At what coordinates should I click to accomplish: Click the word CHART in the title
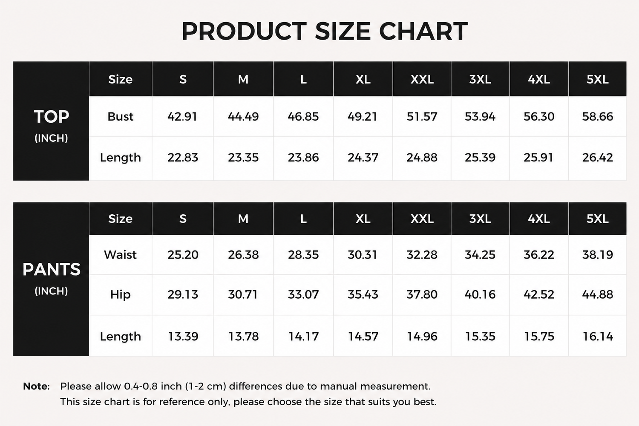(423, 31)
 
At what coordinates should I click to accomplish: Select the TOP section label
(52, 116)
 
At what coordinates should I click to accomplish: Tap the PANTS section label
(52, 269)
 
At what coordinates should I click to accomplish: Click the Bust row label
(121, 116)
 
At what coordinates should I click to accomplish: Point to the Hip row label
(121, 294)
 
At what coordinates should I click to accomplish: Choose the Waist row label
(121, 254)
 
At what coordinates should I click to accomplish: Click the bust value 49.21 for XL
(362, 116)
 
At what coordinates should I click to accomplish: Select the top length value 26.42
(597, 157)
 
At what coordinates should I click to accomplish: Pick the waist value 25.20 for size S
(183, 254)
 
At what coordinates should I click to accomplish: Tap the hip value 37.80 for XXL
(422, 294)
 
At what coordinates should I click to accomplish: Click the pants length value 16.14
(597, 337)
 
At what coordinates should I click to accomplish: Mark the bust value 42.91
(182, 116)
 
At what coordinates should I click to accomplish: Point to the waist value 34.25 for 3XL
(480, 254)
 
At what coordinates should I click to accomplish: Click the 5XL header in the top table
(597, 79)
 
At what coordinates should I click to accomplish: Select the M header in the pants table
(243, 219)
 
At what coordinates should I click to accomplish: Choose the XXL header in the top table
(422, 79)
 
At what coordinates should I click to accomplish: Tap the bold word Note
(36, 386)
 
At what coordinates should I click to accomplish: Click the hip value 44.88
(597, 294)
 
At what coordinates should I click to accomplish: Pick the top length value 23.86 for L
(303, 157)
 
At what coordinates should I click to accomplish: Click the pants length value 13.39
(183, 337)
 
